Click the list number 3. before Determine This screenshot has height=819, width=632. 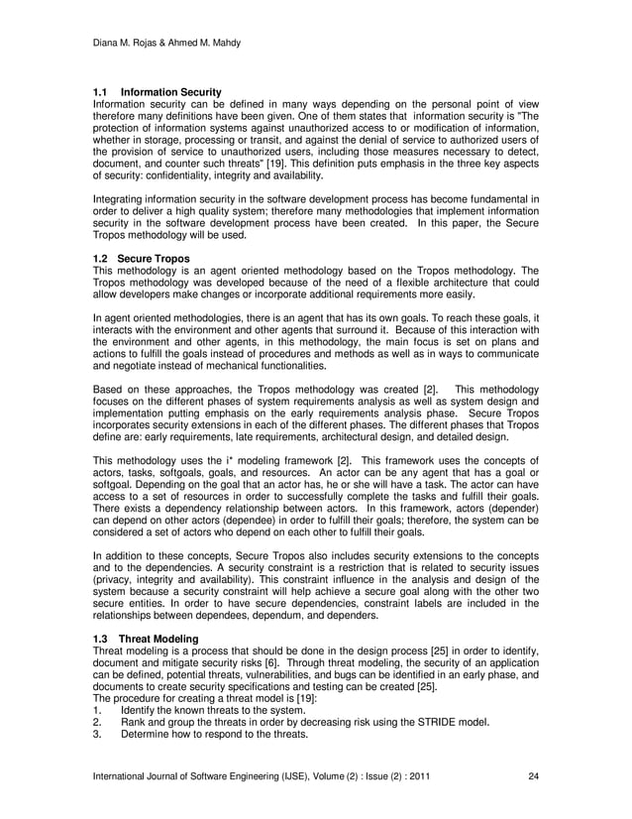pyautogui.click(x=96, y=735)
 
